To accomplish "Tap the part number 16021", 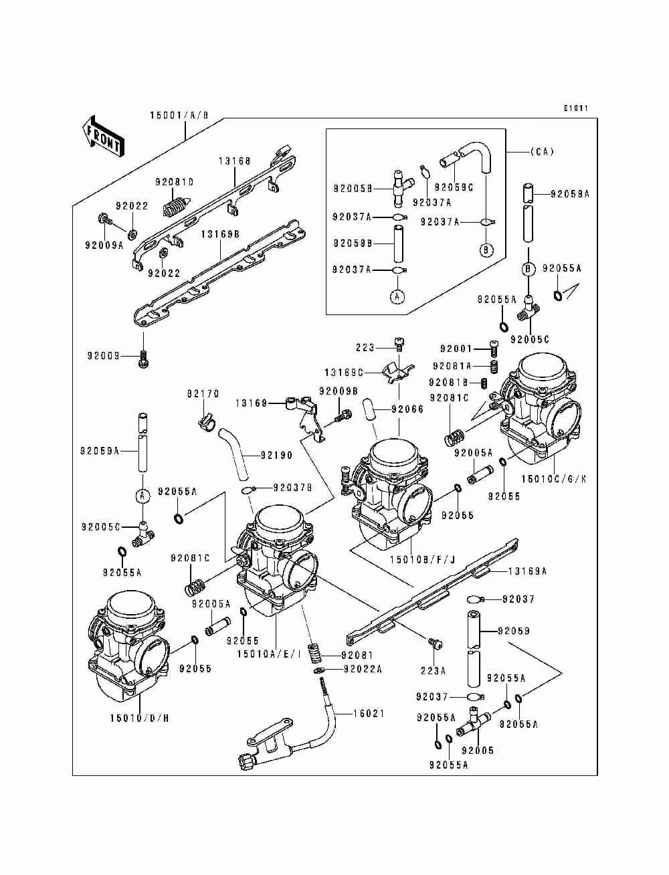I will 369,714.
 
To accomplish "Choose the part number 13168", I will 234,161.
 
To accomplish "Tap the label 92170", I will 203,395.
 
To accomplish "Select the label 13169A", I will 527,571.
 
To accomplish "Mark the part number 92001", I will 456,349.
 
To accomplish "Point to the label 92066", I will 408,408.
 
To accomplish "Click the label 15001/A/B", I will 179,116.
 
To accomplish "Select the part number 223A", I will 433,670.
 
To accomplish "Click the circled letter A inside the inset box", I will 397,296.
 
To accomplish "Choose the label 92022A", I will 363,668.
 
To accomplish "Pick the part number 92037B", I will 293,488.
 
